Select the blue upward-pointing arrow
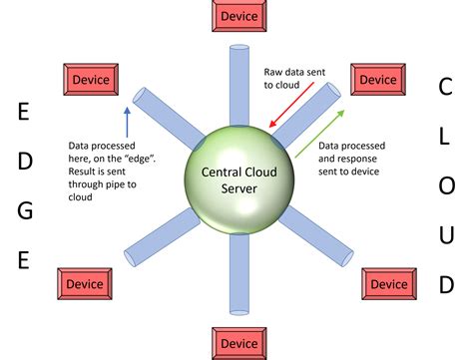[127, 122]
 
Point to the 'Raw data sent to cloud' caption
[287, 79]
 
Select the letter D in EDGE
[26, 161]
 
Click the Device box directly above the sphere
[239, 16]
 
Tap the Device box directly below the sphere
[239, 341]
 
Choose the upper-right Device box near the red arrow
[378, 79]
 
